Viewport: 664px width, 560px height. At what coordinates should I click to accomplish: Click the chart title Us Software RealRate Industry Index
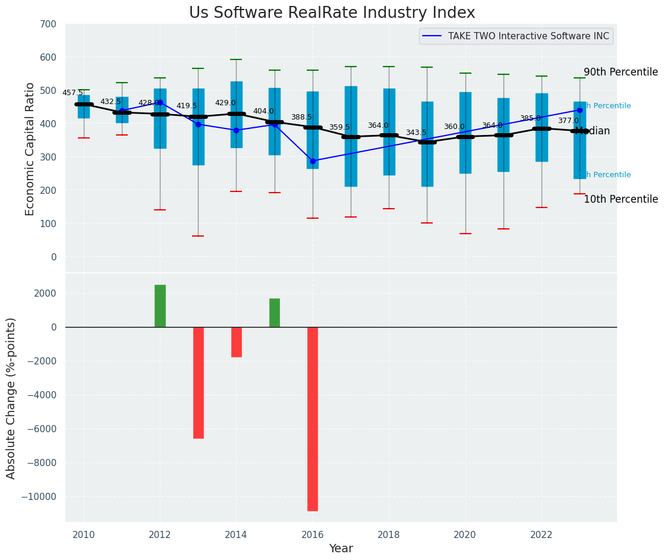[x=332, y=13]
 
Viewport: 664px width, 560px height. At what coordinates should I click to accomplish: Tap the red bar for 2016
[x=313, y=419]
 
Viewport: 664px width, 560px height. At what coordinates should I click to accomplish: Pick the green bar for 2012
[x=160, y=306]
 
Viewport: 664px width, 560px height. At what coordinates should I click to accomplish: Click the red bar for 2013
[x=199, y=382]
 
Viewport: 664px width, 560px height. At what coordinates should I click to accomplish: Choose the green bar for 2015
[x=275, y=313]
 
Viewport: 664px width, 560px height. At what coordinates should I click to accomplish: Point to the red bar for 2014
[x=237, y=342]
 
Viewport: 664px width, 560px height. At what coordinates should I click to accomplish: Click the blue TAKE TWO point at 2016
[x=313, y=161]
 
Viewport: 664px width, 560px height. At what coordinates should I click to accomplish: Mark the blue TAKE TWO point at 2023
[x=580, y=110]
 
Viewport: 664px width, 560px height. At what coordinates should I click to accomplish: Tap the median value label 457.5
[x=73, y=93]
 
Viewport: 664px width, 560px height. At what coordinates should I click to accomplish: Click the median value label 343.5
[x=416, y=133]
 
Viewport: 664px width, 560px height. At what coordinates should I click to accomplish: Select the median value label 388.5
[x=301, y=118]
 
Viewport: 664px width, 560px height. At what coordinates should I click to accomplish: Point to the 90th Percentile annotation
[x=621, y=73]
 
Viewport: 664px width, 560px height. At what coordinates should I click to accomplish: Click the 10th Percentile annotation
[x=621, y=200]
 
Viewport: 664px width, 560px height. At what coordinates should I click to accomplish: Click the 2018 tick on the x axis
[x=389, y=534]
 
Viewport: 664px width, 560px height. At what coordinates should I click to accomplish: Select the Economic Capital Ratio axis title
[x=30, y=149]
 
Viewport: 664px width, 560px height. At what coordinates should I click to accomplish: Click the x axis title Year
[x=341, y=549]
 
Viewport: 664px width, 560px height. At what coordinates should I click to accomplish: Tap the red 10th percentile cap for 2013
[x=199, y=236]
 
